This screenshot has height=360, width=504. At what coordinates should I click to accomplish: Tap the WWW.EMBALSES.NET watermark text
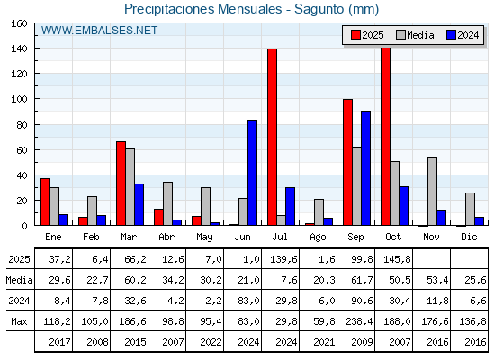pos(100,31)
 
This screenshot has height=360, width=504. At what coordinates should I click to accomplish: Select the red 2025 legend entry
pos(367,35)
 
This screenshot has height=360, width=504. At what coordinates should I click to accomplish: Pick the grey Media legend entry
pos(415,35)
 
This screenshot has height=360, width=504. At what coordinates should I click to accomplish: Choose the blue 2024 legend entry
pos(463,35)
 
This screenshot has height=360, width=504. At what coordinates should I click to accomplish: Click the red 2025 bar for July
pos(272,137)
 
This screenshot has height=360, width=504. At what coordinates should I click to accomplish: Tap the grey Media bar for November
pos(432,191)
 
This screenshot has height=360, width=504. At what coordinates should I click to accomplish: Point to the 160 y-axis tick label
pos(19,24)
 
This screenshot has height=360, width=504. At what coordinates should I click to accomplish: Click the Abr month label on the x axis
pos(166,236)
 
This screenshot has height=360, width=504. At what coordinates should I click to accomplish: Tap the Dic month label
pos(469,236)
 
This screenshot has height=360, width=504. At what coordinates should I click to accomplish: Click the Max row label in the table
pos(18,320)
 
